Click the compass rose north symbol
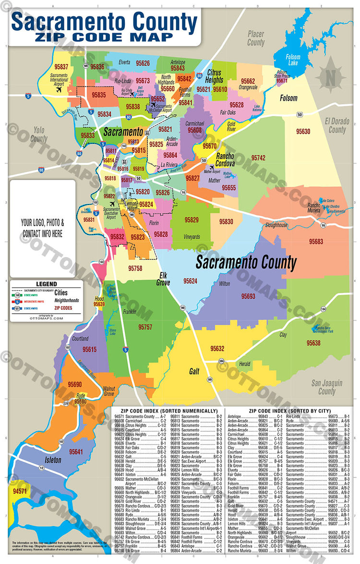330,77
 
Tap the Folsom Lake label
293,60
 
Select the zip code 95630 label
303,131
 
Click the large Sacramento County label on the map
246,263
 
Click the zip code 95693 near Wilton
248,296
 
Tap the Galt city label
194,371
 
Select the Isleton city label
53,460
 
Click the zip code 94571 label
20,491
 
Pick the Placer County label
256,38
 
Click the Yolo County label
39,134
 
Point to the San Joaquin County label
327,387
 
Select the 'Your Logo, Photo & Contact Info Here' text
42,229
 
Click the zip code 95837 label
61,67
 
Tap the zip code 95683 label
316,241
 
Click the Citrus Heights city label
215,76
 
